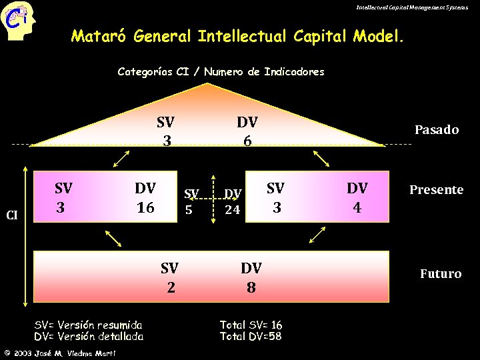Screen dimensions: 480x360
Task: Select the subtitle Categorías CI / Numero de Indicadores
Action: [x=221, y=71]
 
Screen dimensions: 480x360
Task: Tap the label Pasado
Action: [x=437, y=129]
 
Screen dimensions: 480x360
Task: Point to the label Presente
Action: [x=436, y=189]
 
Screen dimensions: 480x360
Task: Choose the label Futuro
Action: [x=440, y=273]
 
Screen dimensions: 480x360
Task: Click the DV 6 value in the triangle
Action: [x=247, y=131]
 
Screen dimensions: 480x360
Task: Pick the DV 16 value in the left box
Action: [x=145, y=198]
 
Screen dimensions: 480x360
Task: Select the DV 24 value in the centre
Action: [x=232, y=202]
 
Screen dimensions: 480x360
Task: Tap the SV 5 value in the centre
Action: [x=191, y=201]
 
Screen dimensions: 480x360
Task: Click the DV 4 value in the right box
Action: [x=357, y=198]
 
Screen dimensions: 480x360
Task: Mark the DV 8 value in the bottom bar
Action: [x=251, y=277]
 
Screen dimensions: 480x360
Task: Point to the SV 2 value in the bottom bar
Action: [x=170, y=277]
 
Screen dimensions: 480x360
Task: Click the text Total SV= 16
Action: [x=251, y=325]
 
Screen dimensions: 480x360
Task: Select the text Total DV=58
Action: [x=251, y=336]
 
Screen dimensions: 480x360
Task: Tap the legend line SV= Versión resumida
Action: [x=88, y=325]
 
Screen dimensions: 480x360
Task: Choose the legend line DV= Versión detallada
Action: [x=88, y=336]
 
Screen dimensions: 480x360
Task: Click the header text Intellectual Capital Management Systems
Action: [x=412, y=7]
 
